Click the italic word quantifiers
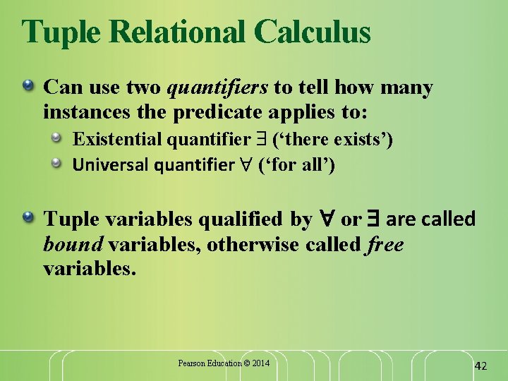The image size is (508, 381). pos(217,87)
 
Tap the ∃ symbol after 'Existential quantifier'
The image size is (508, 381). pos(260,139)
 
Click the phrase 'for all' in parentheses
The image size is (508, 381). pos(296,165)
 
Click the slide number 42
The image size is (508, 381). pos(480,365)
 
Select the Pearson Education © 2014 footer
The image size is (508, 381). pos(224,363)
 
